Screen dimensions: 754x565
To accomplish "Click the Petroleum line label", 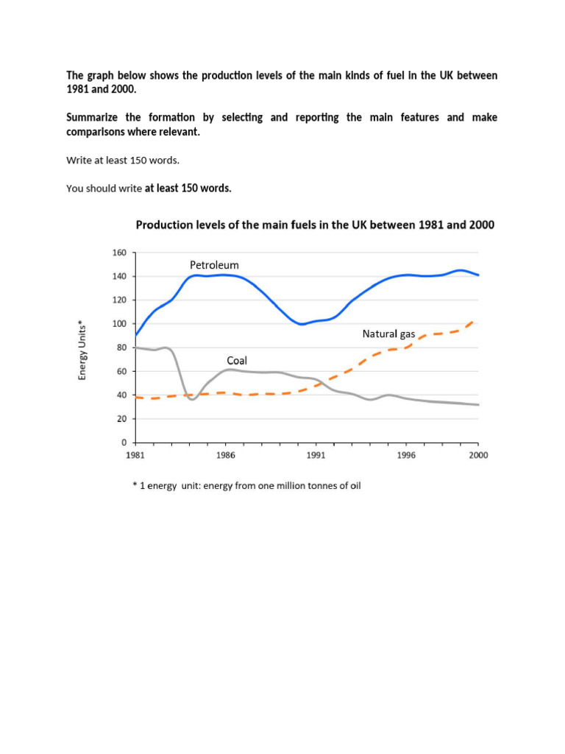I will (214, 265).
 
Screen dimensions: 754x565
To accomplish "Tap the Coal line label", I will (236, 361).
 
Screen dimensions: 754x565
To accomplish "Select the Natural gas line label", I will (388, 334).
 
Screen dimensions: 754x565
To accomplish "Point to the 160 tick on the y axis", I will (119, 253).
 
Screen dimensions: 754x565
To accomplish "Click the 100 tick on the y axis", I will (119, 324).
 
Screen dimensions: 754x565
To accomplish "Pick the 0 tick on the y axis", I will (124, 443).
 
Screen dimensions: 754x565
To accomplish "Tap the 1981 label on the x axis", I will (135, 455).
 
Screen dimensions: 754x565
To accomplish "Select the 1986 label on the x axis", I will (226, 455).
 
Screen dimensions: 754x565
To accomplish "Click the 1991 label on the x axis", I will (316, 455).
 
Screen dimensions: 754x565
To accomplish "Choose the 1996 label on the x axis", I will (406, 455).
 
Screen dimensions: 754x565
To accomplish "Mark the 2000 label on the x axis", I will (478, 455).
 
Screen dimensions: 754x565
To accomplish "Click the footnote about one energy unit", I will (246, 486).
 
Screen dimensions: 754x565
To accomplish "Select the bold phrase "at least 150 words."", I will (188, 188).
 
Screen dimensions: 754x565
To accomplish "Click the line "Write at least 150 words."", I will (123, 160).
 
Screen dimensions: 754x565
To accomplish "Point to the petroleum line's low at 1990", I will (300, 324).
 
